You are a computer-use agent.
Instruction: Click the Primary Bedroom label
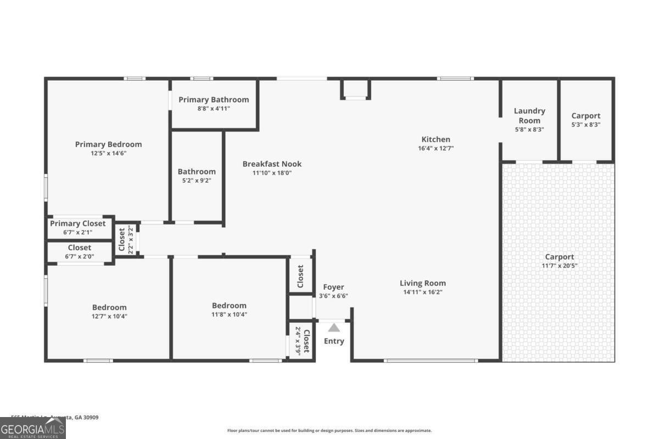(108, 144)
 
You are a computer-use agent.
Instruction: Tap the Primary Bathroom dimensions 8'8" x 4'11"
(214, 109)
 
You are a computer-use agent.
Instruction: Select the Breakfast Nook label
(272, 164)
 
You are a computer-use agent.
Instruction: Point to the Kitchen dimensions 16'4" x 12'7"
(435, 148)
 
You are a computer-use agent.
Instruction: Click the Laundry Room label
(529, 116)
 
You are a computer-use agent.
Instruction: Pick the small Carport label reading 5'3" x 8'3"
(586, 116)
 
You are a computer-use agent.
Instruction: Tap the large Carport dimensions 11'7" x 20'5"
(559, 266)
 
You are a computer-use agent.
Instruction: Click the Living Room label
(422, 283)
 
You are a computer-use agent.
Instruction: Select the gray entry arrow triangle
(334, 328)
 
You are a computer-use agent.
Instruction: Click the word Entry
(334, 341)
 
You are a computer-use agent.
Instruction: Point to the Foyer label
(333, 287)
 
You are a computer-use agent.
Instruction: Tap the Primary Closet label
(77, 223)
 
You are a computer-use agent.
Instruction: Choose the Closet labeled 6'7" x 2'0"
(80, 247)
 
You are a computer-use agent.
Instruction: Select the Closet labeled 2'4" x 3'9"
(303, 341)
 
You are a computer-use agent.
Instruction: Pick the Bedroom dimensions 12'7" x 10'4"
(109, 316)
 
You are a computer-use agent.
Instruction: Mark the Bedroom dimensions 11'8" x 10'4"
(229, 314)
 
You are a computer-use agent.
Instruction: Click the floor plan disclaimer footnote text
(329, 431)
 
